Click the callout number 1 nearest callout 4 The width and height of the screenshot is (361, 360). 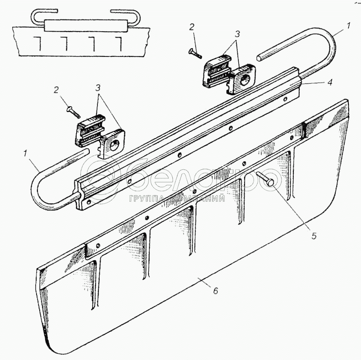point(348,26)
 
